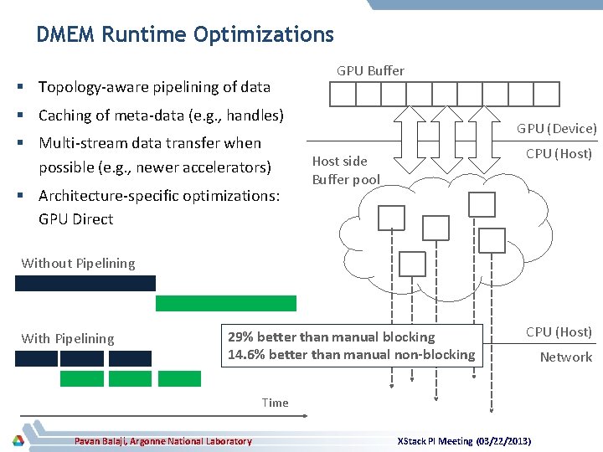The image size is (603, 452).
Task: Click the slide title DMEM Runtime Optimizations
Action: pos(185,34)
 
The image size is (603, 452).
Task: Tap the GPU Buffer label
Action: pos(370,71)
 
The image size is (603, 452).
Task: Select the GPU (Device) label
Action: pos(556,128)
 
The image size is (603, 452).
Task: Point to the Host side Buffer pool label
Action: pos(345,170)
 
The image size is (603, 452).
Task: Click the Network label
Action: pos(565,357)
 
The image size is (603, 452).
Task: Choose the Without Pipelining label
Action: pos(78,263)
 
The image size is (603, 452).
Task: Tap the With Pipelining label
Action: pos(68,338)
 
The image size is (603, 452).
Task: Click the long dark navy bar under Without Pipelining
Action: pos(85,283)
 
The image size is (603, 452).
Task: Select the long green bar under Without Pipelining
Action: pos(225,303)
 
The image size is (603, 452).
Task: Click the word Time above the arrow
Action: pos(275,403)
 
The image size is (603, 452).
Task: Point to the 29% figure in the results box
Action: pos(242,336)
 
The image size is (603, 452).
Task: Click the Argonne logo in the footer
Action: pos(18,440)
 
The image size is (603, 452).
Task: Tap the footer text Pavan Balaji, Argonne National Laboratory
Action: pos(162,441)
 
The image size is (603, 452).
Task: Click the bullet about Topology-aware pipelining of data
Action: pos(154,87)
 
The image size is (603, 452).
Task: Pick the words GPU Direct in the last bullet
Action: pos(75,219)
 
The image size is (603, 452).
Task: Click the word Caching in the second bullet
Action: pos(65,115)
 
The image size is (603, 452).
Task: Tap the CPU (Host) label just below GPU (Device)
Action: pos(559,153)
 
